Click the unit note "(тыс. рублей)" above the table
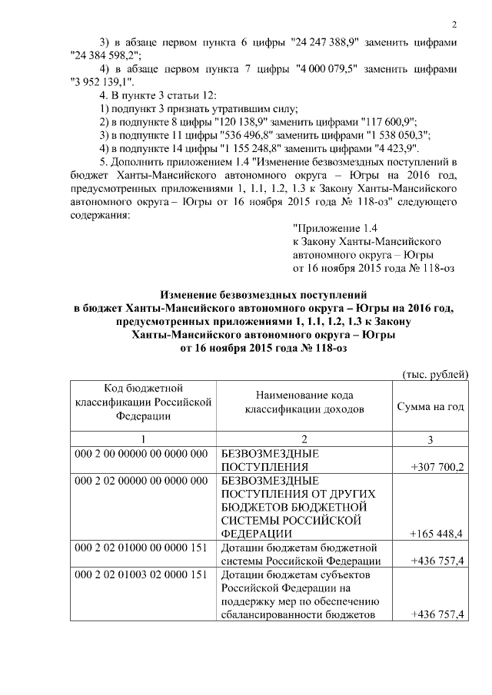pos(436,374)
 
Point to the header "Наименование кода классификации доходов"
pos(304,402)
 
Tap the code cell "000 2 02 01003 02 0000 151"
pos(141,574)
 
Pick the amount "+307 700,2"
pos(437,466)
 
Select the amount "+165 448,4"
pos(437,533)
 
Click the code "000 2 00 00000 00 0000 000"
pos(141,453)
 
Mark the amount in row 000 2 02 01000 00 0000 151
pos(437,561)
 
